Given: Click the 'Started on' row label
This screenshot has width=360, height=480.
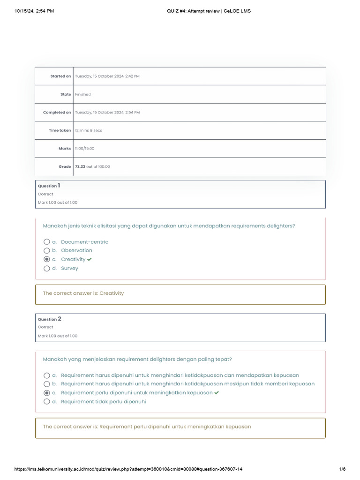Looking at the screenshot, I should pyautogui.click(x=60, y=76).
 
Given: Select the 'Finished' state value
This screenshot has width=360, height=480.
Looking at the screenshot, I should pyautogui.click(x=83, y=94).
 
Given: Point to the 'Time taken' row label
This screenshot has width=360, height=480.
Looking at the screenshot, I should pyautogui.click(x=60, y=130).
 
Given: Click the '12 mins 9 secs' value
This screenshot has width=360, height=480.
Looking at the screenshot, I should pyautogui.click(x=89, y=130).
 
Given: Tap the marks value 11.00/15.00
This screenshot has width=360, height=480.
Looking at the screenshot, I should pyautogui.click(x=85, y=149).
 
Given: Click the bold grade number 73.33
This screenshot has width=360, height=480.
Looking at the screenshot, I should pyautogui.click(x=80, y=166).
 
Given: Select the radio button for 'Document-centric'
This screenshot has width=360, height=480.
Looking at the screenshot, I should pyautogui.click(x=46, y=242).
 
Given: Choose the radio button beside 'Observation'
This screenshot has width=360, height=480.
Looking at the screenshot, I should pyautogui.click(x=46, y=250).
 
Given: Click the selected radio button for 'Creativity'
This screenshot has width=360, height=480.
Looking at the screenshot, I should pyautogui.click(x=46, y=259).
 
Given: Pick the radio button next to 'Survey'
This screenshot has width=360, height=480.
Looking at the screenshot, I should pyautogui.click(x=46, y=269).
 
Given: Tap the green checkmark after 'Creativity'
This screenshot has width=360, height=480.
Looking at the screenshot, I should pyautogui.click(x=90, y=259).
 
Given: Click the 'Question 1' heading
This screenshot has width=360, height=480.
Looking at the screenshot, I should pyautogui.click(x=49, y=186).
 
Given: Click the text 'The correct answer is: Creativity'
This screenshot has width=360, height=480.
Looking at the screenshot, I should pyautogui.click(x=83, y=293).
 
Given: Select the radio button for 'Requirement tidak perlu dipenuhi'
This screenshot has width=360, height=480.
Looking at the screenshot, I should pyautogui.click(x=46, y=402).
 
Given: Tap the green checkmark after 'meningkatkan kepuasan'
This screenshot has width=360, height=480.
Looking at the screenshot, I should pyautogui.click(x=217, y=393).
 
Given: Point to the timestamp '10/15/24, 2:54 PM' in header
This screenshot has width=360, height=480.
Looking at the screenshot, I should pyautogui.click(x=34, y=11).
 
